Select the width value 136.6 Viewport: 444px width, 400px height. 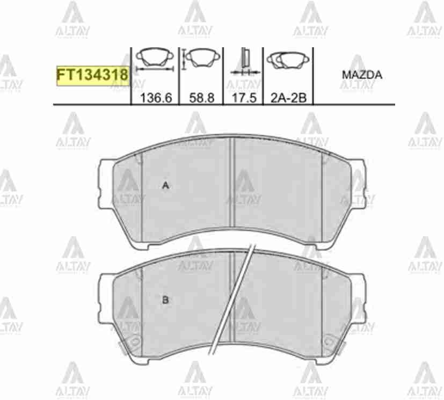155,98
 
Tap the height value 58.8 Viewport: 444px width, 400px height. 202,98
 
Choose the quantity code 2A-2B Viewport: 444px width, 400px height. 288,98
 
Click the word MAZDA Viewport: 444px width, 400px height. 362,75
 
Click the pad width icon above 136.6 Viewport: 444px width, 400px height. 155,59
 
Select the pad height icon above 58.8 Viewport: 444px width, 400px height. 200,58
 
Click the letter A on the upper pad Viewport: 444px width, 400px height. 166,186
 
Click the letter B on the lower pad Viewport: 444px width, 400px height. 165,300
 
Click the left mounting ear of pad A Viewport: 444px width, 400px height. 105,177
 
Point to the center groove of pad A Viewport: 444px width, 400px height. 231,188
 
